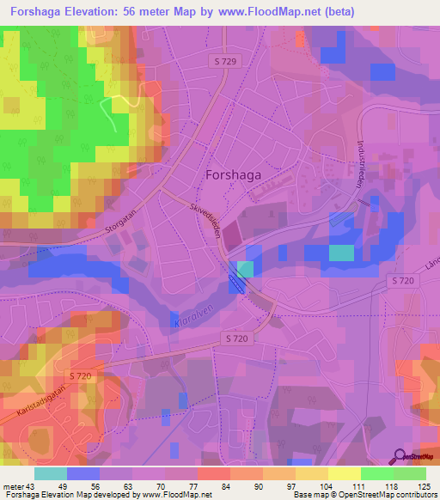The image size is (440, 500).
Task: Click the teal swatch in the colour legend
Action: tap(51, 473)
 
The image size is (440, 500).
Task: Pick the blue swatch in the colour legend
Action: tap(83, 473)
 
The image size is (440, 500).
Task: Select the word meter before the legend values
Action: tap(12, 486)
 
